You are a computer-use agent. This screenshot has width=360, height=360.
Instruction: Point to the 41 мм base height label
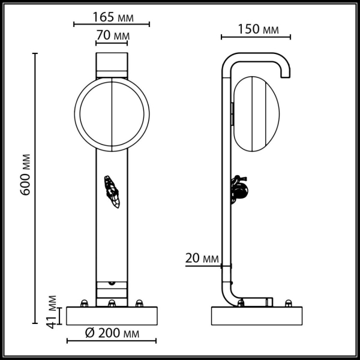(x=52, y=311)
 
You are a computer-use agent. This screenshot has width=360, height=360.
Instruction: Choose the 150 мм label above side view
(x=257, y=29)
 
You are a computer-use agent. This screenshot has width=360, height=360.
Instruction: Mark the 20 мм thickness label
(x=200, y=259)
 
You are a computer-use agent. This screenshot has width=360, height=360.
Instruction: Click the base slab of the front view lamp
(x=112, y=316)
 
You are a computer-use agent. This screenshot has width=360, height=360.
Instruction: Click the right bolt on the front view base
(x=139, y=303)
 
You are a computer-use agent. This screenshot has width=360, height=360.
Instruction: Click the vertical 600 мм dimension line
(x=35, y=180)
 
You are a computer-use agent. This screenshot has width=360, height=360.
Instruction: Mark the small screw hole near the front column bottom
(x=112, y=281)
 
